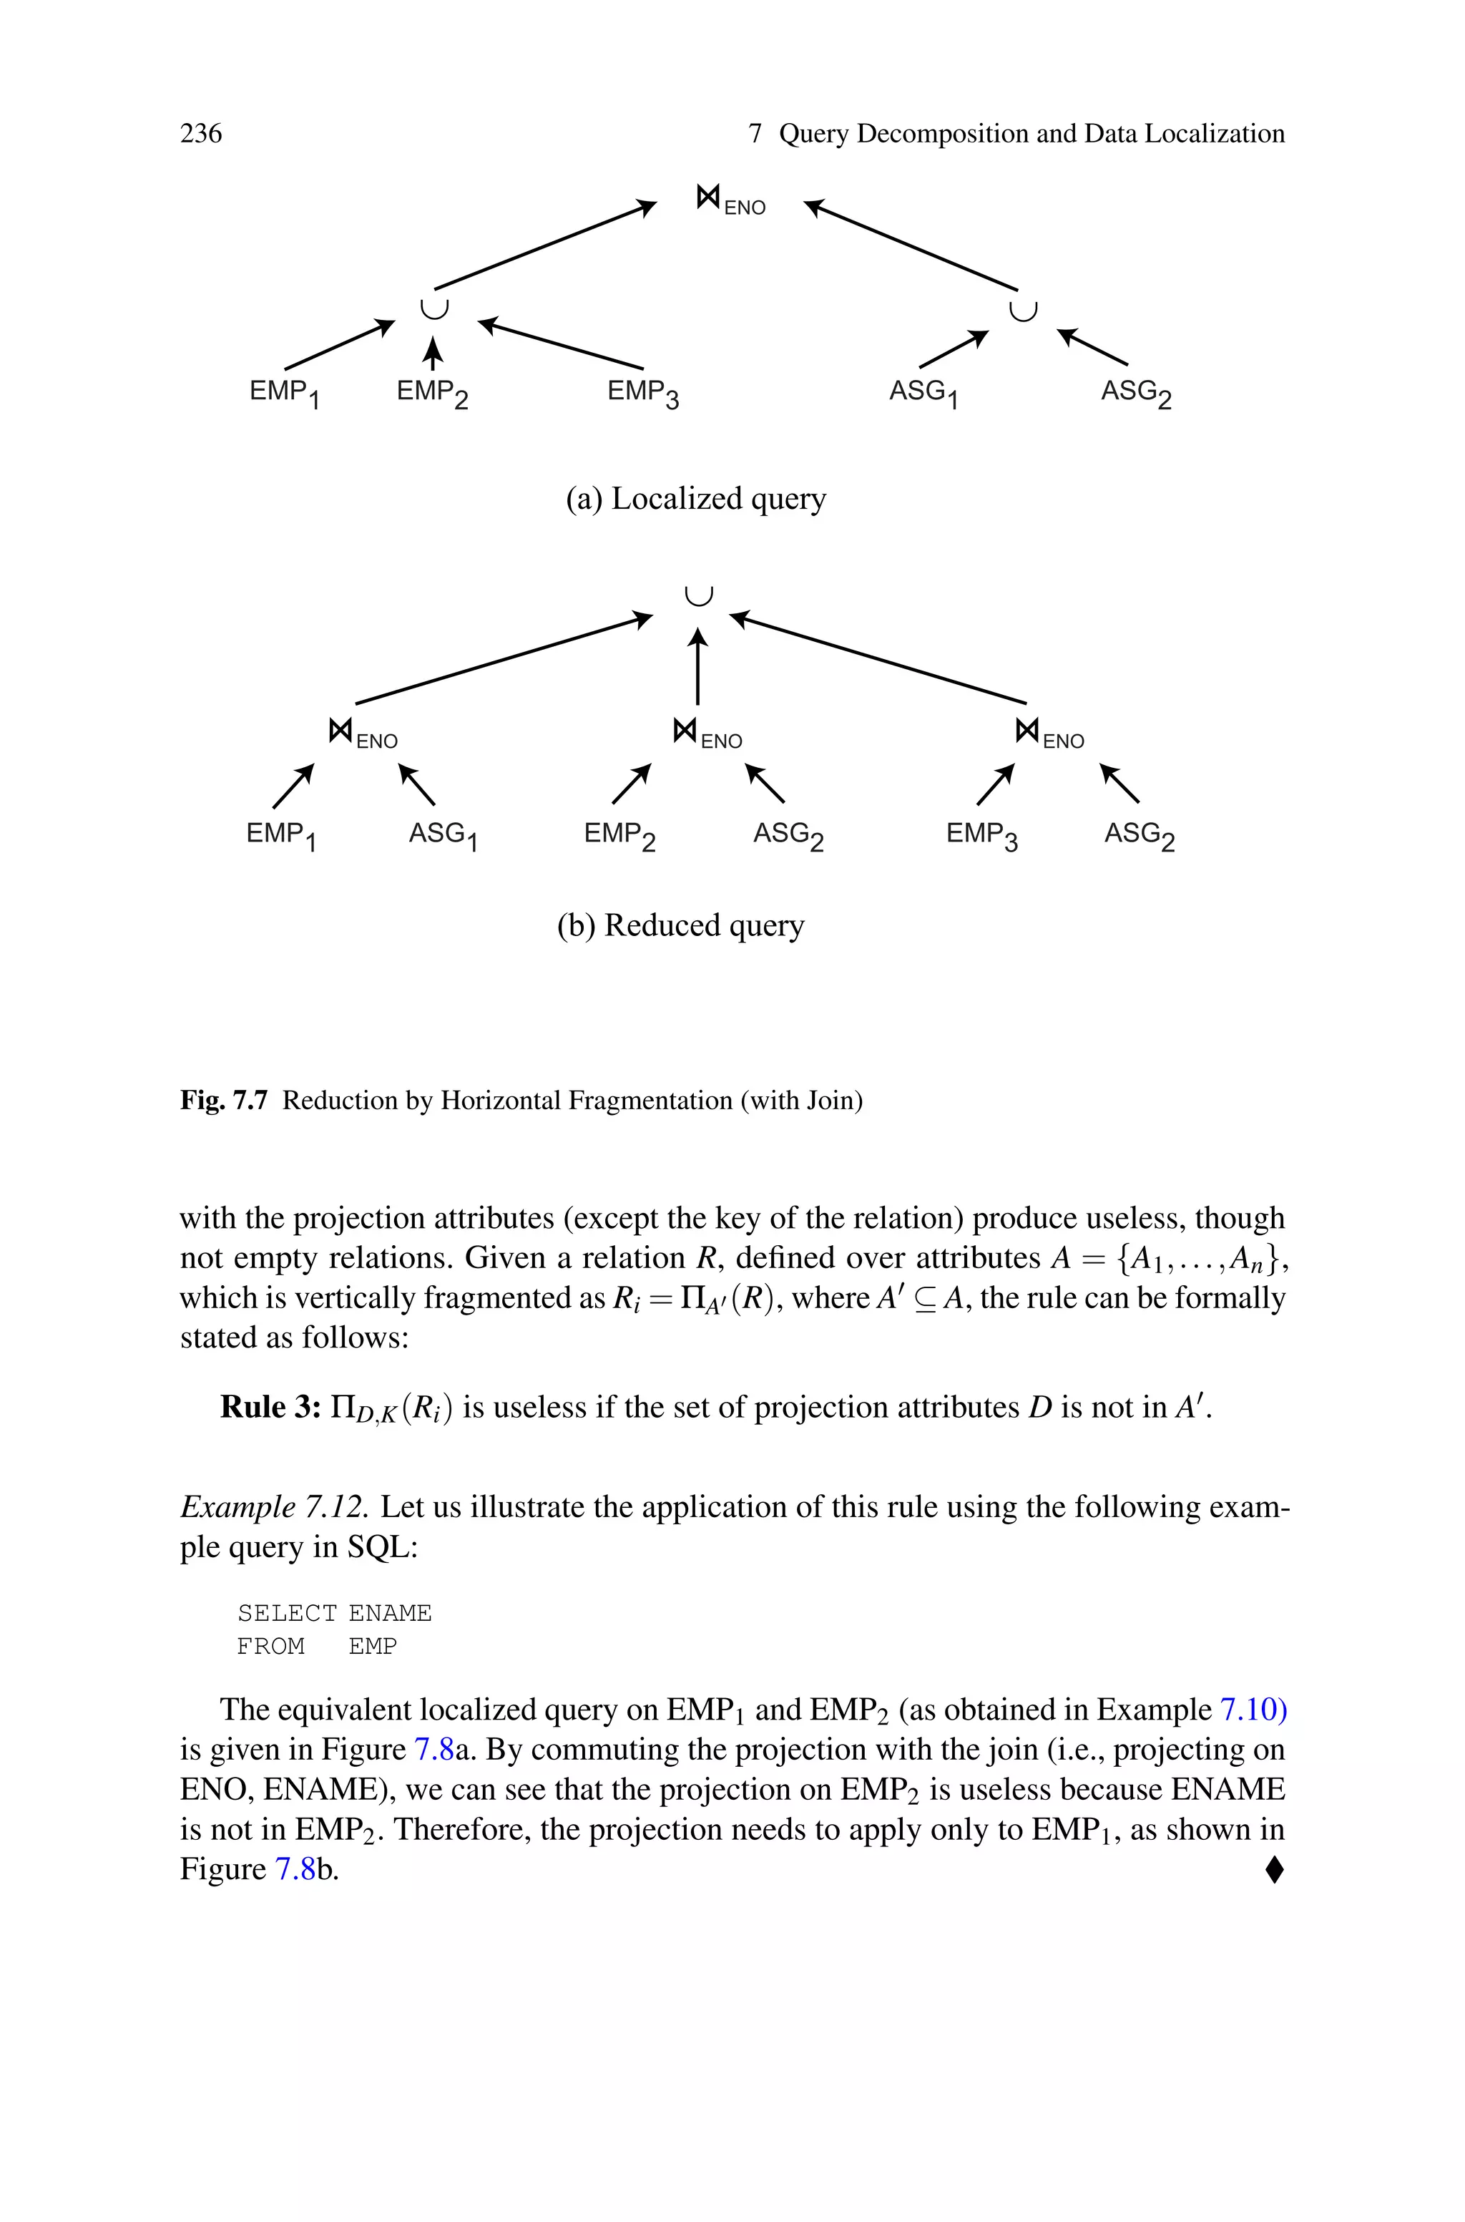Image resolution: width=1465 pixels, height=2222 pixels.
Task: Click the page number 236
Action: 201,134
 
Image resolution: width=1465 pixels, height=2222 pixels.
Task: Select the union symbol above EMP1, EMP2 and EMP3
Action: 433,308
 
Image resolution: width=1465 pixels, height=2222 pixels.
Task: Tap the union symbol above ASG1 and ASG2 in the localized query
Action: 1024,309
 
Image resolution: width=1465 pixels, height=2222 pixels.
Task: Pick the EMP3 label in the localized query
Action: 643,392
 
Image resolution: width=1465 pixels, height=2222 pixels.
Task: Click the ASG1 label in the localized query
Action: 923,392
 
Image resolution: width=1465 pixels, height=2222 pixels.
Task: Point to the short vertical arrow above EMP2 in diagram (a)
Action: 431,354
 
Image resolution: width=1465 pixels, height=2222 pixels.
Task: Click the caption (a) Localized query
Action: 696,499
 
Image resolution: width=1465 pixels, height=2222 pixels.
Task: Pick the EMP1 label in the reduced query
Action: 280,834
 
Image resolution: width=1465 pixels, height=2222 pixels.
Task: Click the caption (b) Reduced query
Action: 680,925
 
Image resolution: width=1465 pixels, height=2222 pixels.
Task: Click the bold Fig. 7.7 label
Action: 223,1101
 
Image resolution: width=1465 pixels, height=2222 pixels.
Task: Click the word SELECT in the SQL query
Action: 286,1614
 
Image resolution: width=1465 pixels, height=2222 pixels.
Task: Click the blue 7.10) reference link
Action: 1253,1710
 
